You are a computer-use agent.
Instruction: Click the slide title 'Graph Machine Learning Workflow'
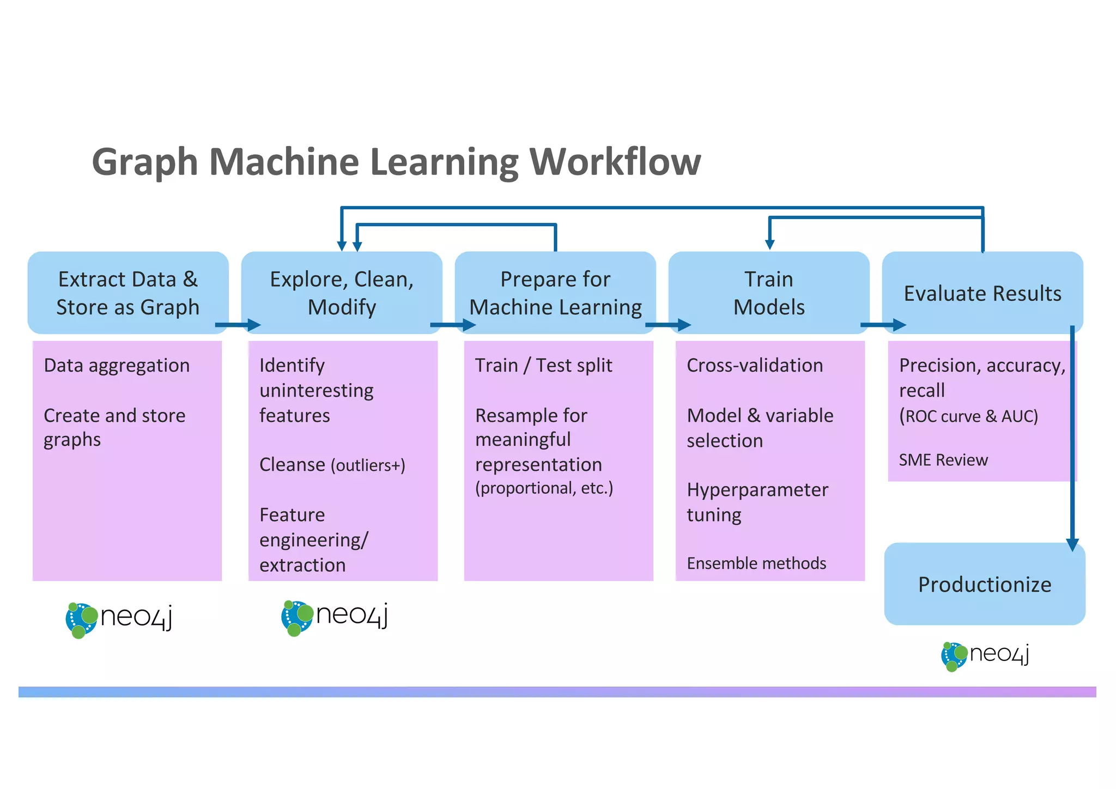tap(396, 162)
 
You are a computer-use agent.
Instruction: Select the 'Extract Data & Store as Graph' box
tap(128, 293)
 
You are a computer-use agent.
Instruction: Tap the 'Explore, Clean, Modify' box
tap(342, 293)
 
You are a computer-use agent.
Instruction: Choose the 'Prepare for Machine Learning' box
tap(555, 293)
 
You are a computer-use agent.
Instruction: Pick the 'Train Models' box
tap(769, 293)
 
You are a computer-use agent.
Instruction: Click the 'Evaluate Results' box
tap(982, 293)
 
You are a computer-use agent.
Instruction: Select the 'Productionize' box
tap(984, 584)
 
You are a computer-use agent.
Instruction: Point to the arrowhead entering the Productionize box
tap(1072, 544)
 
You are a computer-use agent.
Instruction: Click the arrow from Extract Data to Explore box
tap(238, 325)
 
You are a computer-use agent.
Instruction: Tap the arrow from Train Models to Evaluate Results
tap(883, 325)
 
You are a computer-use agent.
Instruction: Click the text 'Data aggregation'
tap(117, 365)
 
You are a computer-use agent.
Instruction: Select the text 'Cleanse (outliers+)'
tap(332, 465)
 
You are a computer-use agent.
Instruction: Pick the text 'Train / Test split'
tap(543, 365)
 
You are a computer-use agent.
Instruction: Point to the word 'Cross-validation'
tap(755, 365)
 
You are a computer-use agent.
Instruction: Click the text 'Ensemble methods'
tap(756, 563)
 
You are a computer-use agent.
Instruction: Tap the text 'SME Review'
tap(943, 460)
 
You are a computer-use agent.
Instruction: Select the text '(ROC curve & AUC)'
tap(968, 416)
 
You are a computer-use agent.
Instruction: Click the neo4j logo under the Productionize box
tap(985, 656)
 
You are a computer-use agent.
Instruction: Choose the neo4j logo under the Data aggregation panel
tap(119, 619)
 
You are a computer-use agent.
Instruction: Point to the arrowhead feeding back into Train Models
tap(769, 244)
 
